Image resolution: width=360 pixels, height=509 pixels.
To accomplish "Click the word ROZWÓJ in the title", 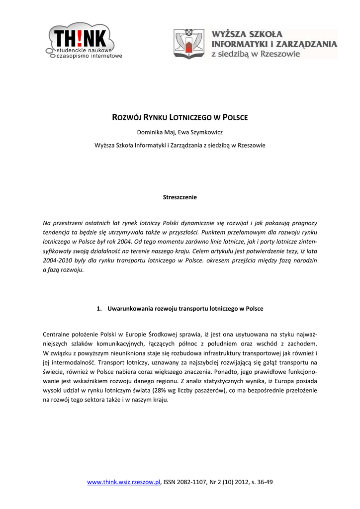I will pyautogui.click(x=127, y=117).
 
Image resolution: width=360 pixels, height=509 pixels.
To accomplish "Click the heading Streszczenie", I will pyautogui.click(x=180, y=197).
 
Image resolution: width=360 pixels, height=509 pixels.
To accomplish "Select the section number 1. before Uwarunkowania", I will pyautogui.click(x=99, y=309).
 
